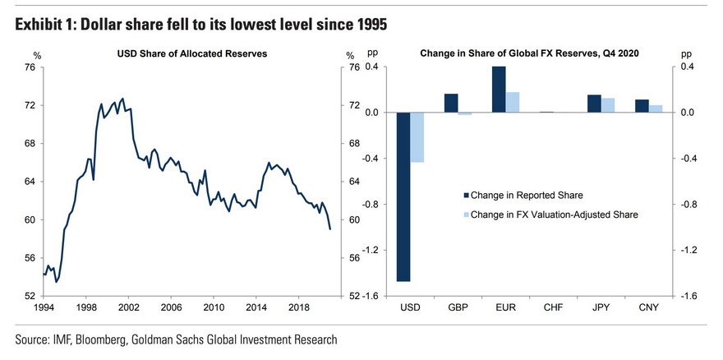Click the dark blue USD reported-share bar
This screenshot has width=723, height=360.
(403, 196)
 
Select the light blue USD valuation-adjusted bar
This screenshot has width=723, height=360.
(417, 137)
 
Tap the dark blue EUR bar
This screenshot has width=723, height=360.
(499, 90)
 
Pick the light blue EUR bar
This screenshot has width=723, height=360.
(512, 102)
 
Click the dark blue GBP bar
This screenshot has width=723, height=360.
(451, 103)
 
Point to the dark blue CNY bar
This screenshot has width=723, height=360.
(642, 106)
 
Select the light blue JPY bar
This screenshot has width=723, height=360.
(607, 105)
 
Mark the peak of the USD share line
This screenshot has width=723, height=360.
(122, 99)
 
